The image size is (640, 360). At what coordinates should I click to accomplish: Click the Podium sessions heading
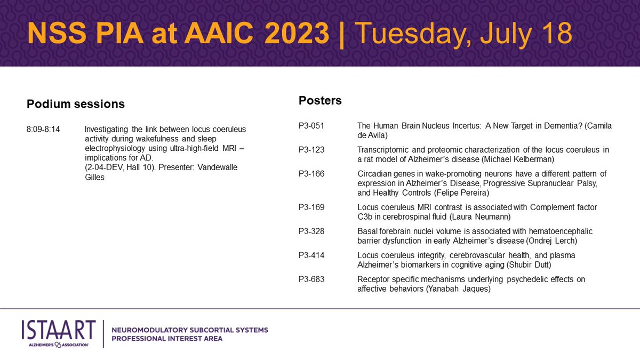[x=76, y=104]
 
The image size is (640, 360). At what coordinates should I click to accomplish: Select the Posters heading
[x=320, y=100]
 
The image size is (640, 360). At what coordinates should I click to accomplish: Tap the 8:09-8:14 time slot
[x=44, y=130]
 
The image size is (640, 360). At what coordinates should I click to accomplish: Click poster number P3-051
[x=311, y=126]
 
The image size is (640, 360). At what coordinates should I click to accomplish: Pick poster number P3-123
[x=311, y=150]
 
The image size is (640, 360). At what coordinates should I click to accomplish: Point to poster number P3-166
[x=311, y=173]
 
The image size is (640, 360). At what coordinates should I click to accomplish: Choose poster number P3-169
[x=311, y=206]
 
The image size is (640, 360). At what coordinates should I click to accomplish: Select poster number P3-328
[x=311, y=231]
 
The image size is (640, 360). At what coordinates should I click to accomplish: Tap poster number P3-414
[x=311, y=255]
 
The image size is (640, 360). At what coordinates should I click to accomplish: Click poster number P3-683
[x=311, y=279]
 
